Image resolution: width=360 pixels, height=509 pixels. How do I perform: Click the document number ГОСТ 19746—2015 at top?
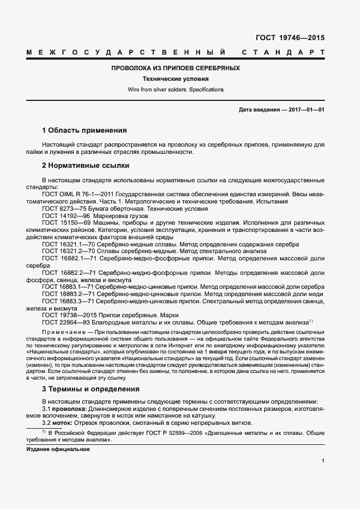tap(289, 38)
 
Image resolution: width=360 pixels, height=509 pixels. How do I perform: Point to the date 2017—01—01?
tap(307, 110)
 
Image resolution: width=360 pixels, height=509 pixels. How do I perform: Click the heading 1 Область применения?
tap(84, 130)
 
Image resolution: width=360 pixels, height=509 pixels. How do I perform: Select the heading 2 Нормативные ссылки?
tap(85, 166)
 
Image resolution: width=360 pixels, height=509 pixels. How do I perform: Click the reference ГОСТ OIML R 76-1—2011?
tap(77, 194)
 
